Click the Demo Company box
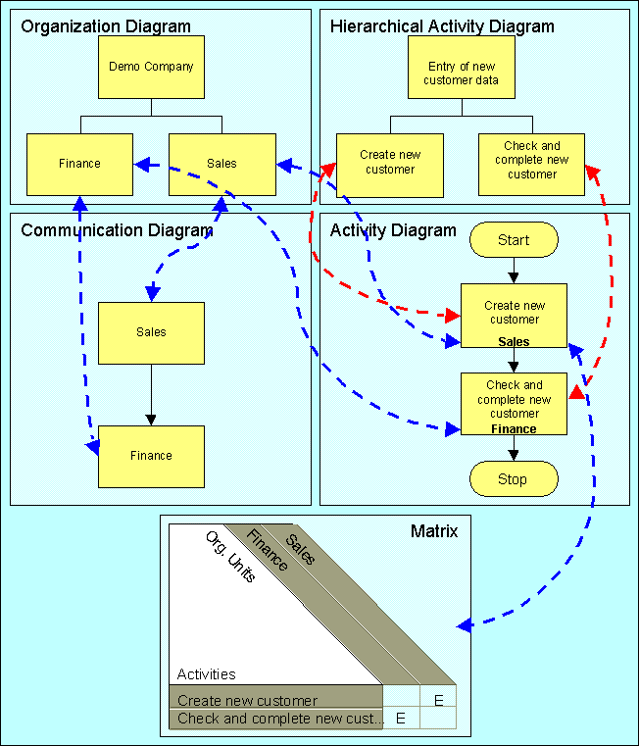(x=151, y=67)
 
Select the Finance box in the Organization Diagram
(x=79, y=165)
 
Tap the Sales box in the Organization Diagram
(x=222, y=165)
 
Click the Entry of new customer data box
(x=462, y=67)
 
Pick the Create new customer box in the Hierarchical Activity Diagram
(x=390, y=166)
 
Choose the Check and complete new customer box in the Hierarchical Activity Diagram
(x=531, y=165)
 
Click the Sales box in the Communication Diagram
(x=151, y=333)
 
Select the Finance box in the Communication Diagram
(x=151, y=457)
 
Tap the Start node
(x=514, y=240)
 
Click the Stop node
(x=514, y=478)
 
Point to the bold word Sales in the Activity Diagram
(x=514, y=341)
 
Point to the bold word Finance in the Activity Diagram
(x=514, y=429)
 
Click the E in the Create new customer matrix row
(x=439, y=700)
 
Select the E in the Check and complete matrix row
(x=401, y=719)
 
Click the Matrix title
(x=434, y=531)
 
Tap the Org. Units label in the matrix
(x=230, y=557)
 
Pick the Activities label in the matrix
(x=207, y=674)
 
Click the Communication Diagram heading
(x=117, y=230)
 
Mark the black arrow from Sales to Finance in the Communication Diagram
(x=151, y=395)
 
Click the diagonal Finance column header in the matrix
(x=267, y=550)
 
